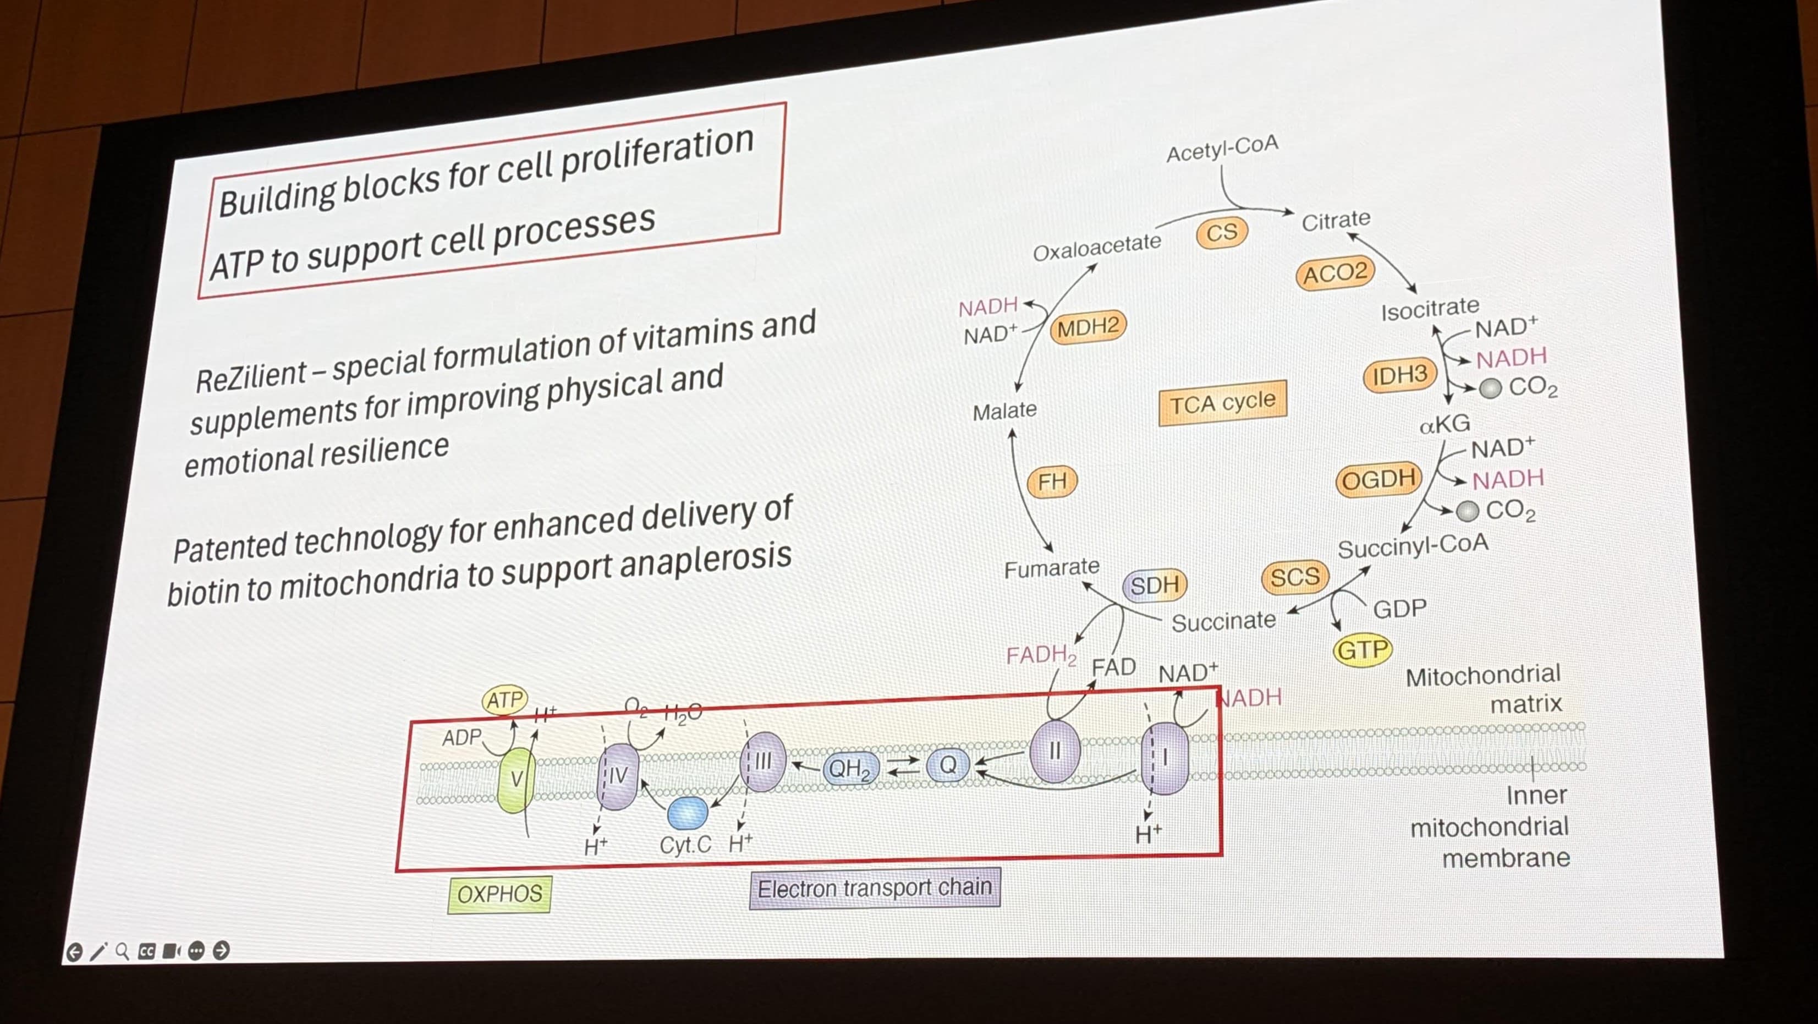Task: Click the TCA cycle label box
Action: [1222, 403]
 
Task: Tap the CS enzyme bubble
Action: [1222, 232]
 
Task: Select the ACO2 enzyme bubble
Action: [1334, 273]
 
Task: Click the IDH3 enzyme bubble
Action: [1399, 375]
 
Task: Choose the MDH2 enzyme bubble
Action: [1087, 327]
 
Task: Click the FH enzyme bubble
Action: [1052, 481]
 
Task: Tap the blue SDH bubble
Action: [1155, 585]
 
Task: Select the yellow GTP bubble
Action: [1362, 649]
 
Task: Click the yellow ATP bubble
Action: [504, 700]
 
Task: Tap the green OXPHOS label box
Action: [499, 894]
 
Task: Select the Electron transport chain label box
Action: [875, 888]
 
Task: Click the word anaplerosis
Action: [706, 561]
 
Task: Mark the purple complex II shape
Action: [1054, 751]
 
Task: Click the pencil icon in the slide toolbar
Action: [98, 951]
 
